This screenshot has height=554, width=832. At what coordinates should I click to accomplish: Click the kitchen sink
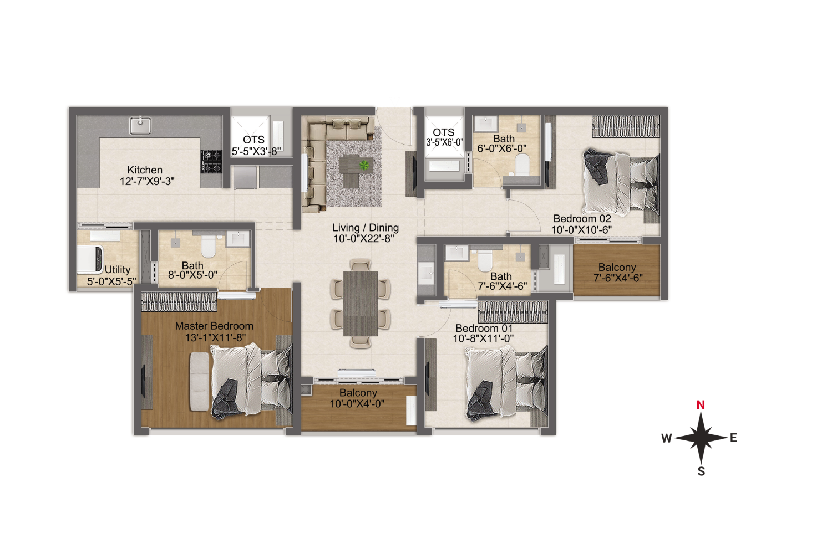click(140, 126)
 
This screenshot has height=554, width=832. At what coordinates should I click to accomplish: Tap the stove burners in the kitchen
click(211, 161)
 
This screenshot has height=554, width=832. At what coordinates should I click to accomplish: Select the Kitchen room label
click(145, 170)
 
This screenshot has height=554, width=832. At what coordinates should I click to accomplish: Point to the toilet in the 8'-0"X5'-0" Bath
click(209, 247)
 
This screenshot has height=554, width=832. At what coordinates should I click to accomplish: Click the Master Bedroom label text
click(214, 326)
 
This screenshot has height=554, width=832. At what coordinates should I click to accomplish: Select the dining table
click(361, 304)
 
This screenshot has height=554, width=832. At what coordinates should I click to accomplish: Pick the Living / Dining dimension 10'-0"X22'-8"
click(364, 239)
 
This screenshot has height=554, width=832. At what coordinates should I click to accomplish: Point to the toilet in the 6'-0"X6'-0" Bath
click(521, 163)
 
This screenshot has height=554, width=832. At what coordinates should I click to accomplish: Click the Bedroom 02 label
click(582, 219)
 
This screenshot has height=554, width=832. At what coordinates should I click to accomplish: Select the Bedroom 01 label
click(484, 329)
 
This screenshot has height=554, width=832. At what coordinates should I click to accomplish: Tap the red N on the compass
click(701, 405)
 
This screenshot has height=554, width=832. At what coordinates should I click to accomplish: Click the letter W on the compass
click(666, 438)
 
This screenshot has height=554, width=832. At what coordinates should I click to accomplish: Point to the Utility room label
click(118, 270)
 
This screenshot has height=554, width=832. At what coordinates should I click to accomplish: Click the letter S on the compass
click(701, 471)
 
